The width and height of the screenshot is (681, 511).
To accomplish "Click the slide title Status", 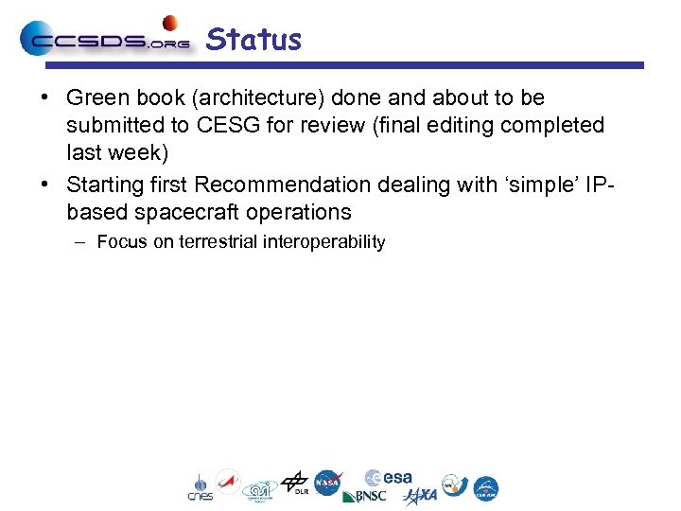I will [x=253, y=40].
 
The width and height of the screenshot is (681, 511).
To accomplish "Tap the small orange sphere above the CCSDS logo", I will [x=170, y=23].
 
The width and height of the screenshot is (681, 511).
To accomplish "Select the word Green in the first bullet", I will [x=96, y=97].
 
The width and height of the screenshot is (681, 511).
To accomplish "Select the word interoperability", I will [x=324, y=242].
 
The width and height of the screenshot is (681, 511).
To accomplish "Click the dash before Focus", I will [x=80, y=242].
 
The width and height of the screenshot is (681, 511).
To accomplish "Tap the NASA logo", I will [x=328, y=484].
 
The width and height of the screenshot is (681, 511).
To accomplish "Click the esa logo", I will [x=390, y=478].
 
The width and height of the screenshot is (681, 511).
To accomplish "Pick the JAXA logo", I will [x=420, y=496].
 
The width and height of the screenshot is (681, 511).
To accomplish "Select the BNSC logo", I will [x=363, y=496].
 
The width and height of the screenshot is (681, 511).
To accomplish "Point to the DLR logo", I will [x=295, y=483].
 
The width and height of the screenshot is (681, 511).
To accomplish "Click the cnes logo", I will [x=200, y=486].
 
